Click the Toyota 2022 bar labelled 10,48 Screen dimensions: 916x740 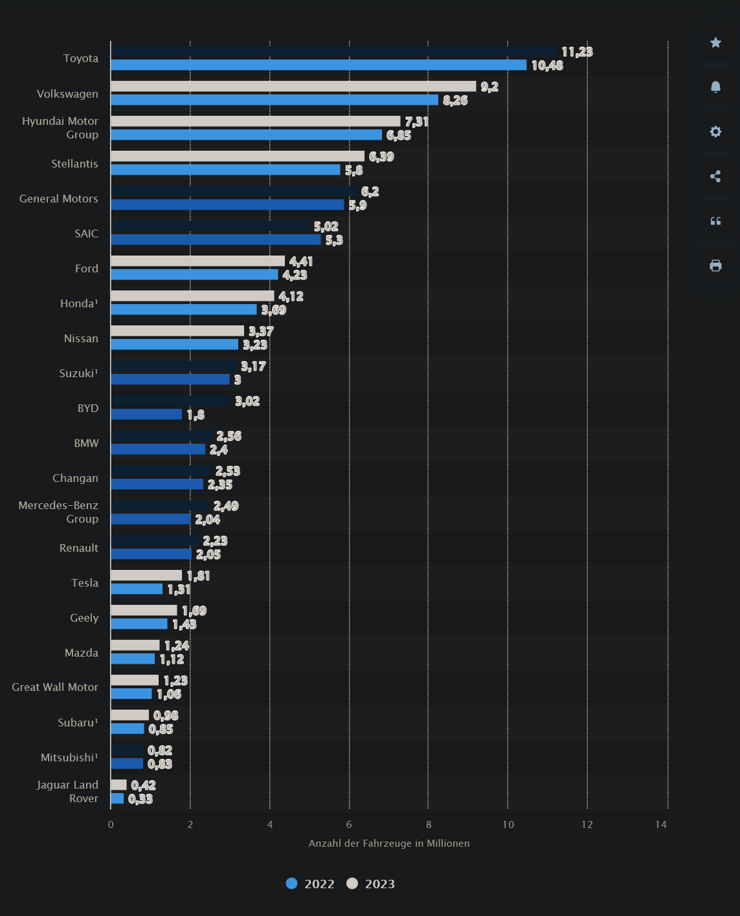click(319, 65)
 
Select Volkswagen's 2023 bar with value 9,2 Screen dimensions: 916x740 click(293, 87)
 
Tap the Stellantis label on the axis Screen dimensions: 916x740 click(74, 164)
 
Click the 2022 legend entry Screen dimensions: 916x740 click(311, 884)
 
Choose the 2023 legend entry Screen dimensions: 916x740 click(371, 884)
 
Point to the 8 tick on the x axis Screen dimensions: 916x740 click(429, 824)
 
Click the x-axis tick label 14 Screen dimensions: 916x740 click(660, 824)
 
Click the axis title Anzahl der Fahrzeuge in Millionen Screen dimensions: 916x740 click(389, 844)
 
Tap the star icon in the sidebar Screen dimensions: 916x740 click(715, 43)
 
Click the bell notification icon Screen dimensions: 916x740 click(715, 87)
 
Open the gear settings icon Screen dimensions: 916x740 click(715, 132)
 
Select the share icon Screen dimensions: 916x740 click(715, 177)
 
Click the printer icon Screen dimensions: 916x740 click(715, 266)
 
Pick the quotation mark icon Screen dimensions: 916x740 click(715, 221)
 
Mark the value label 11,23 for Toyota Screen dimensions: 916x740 click(577, 52)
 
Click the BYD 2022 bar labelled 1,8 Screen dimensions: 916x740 click(146, 415)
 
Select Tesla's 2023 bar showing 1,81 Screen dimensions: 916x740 click(146, 576)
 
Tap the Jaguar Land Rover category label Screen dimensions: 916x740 click(67, 792)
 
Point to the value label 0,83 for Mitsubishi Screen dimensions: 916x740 click(160, 764)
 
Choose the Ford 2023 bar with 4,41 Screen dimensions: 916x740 click(197, 261)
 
